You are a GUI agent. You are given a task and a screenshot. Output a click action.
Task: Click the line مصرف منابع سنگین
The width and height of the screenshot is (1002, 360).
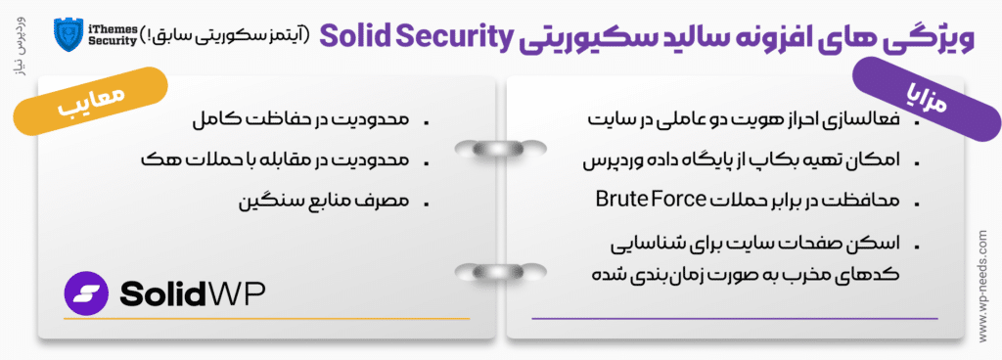pyautogui.click(x=328, y=201)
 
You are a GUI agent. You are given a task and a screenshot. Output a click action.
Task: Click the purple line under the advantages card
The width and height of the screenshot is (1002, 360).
pyautogui.click(x=734, y=317)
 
